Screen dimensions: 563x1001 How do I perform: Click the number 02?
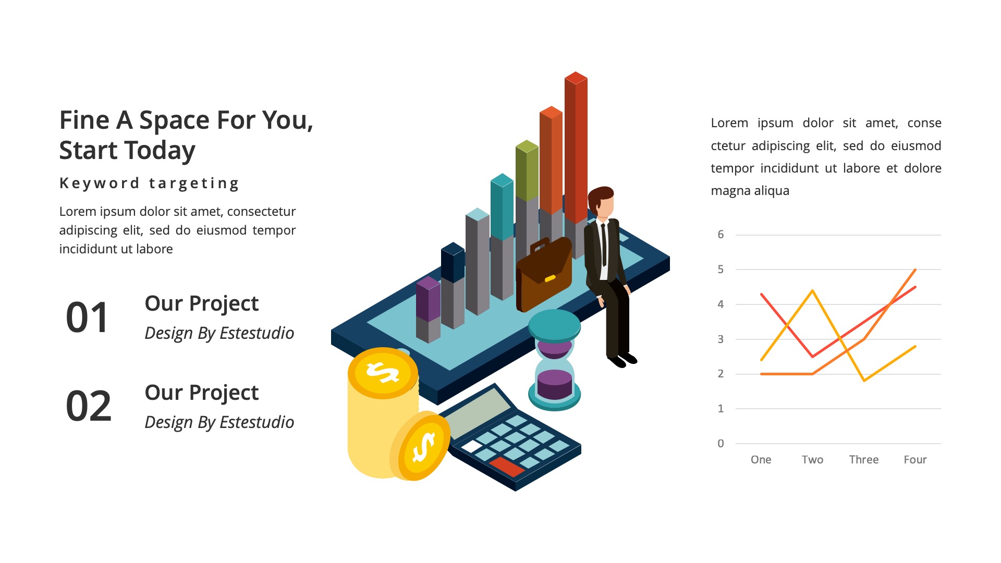tap(89, 406)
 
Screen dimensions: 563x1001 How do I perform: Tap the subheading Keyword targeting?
tap(149, 183)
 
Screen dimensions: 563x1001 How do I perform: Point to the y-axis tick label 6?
tap(721, 235)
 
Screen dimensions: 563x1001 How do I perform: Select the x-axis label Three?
tap(863, 460)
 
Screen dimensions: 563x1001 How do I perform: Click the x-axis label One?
tap(761, 460)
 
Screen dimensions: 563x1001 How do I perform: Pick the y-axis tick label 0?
tap(721, 444)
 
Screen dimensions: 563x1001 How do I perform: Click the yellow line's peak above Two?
tap(812, 291)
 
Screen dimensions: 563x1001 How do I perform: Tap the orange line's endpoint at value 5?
tap(915, 270)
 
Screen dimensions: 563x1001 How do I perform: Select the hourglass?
tap(554, 360)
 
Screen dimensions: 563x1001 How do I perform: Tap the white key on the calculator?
tap(472, 446)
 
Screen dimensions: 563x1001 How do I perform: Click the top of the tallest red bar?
tap(576, 78)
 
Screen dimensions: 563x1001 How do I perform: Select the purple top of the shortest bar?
tap(428, 283)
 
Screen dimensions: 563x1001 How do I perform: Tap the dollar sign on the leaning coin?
tap(423, 447)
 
